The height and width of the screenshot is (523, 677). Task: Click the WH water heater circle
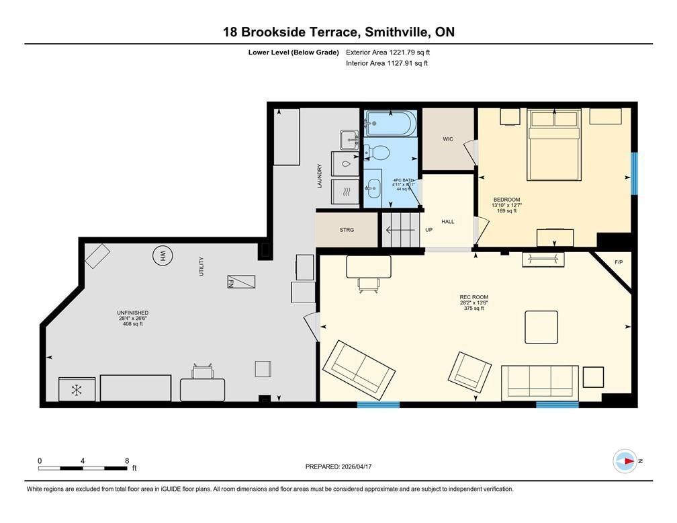[163, 256]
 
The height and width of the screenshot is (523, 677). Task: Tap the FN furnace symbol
[241, 282]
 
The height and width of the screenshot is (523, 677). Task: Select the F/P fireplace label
[619, 262]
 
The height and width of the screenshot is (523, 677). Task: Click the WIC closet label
[448, 139]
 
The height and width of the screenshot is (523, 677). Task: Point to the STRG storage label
[347, 230]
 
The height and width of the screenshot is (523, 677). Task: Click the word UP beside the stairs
[428, 230]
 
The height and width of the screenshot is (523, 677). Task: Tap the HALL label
[448, 222]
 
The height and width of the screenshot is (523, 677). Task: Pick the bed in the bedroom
[554, 145]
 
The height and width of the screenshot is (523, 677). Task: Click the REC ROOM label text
[474, 297]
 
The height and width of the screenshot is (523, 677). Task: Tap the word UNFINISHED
[133, 313]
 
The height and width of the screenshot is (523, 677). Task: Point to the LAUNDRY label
[320, 176]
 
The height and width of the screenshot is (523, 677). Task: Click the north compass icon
[625, 461]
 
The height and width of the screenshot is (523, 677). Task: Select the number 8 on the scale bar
[127, 460]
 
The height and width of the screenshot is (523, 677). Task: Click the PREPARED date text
[338, 467]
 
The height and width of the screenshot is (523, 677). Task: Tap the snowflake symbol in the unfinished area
[77, 391]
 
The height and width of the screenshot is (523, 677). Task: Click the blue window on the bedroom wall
[634, 173]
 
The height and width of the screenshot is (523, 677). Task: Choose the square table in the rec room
[541, 327]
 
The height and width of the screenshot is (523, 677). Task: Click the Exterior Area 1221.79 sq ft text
[388, 52]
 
